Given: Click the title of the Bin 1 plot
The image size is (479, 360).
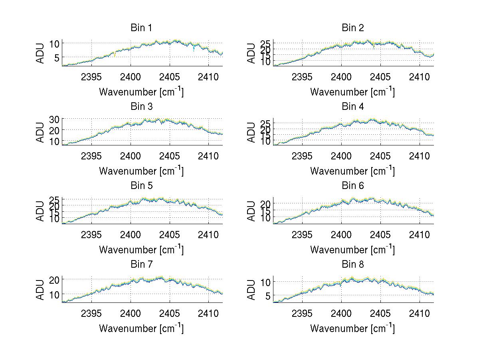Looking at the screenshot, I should pos(141,28).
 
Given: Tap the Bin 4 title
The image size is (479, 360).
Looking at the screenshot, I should pos(352,107).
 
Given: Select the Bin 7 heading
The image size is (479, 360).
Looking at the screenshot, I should pos(141,265).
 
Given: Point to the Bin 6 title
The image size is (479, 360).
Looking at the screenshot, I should pos(352,186).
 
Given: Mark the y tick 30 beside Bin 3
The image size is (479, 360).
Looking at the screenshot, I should pos(54,119).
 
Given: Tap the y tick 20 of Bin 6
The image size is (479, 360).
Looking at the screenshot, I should pos(265,203).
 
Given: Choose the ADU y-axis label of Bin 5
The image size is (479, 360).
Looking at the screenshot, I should pos(40,211).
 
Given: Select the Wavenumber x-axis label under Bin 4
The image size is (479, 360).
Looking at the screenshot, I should pos(352,171).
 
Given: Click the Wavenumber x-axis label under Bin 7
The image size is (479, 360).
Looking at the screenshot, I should pos(141,328).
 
